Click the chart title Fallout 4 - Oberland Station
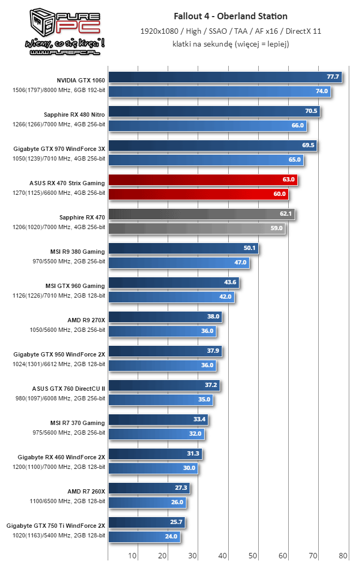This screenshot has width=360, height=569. coord(230,17)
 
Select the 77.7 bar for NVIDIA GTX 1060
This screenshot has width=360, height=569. coord(225,77)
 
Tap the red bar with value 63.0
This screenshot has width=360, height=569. coord(202,179)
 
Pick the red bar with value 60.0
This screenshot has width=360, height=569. coord(198,194)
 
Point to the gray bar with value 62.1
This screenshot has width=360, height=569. coord(201,214)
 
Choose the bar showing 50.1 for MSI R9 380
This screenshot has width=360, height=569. coord(183,248)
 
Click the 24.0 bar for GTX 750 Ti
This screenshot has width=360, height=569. coord(144,536)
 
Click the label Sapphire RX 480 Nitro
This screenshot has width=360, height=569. coord(74,115)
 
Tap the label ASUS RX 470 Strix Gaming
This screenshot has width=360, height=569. coord(67,183)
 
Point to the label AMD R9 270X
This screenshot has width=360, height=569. coord(86,320)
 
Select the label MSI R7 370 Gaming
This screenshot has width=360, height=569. coord(75,423)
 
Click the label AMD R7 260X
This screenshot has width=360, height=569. coord(86,491)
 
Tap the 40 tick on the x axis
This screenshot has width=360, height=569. coord(223,555)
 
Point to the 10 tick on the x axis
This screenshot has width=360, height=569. coord(132,555)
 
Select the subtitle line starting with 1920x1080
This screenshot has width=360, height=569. coord(230,31)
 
